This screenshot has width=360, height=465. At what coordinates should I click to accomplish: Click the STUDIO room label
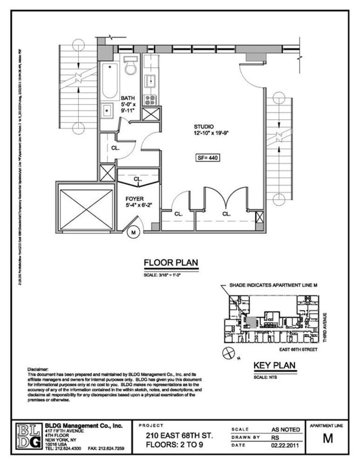(x=203, y=126)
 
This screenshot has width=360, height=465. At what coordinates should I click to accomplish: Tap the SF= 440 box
(x=207, y=158)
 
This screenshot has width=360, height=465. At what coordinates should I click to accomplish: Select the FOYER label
(x=135, y=198)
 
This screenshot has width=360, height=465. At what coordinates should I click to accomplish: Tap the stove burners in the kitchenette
(x=150, y=99)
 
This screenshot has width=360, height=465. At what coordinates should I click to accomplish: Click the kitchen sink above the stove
(x=150, y=81)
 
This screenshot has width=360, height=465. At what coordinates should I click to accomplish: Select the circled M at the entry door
(x=133, y=232)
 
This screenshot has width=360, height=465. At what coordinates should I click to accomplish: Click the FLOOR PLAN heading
(x=171, y=263)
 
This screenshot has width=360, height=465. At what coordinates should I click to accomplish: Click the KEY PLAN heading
(x=274, y=365)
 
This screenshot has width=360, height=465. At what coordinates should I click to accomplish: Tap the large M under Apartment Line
(x=328, y=439)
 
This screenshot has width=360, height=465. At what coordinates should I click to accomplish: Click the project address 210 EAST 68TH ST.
(x=180, y=436)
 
